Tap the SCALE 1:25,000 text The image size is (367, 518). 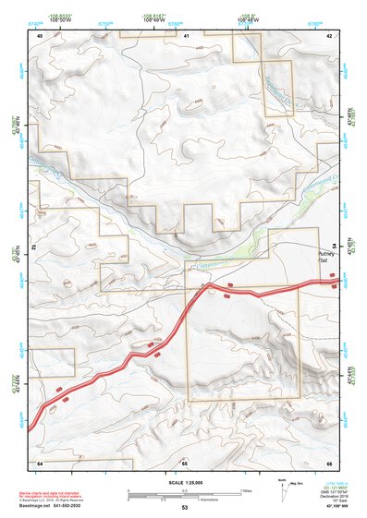click(184, 480)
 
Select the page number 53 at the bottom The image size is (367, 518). click(184, 509)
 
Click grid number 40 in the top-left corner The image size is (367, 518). click(40, 35)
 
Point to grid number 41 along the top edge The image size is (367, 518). click(186, 35)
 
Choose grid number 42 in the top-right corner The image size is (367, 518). click(329, 35)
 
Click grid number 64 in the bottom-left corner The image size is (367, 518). click(40, 462)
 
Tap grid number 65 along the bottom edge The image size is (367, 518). click(184, 462)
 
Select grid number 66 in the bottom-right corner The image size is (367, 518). click(329, 462)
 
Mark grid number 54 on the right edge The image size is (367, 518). click(348, 246)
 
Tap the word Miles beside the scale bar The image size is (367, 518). click(245, 489)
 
